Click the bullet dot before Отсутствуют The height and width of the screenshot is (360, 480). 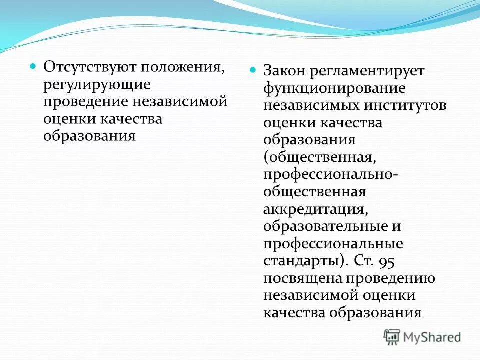click(34, 66)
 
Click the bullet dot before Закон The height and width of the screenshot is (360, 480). click(253, 70)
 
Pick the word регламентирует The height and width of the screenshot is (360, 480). click(367, 71)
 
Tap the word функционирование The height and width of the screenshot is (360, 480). click(334, 88)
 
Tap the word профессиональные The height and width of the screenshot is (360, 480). click(333, 243)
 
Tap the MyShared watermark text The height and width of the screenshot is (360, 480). click(432, 337)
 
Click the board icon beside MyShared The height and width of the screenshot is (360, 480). click(392, 337)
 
